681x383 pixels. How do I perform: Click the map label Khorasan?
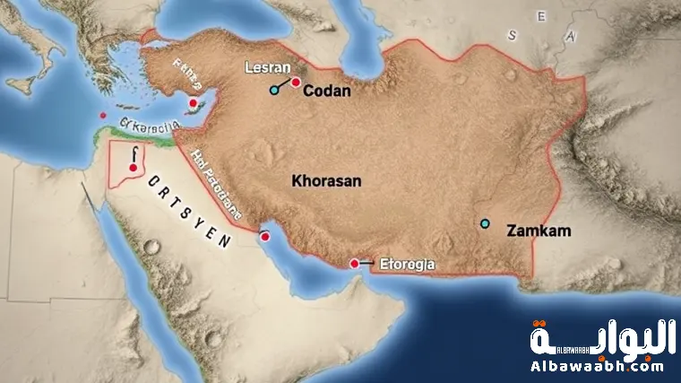click(326, 180)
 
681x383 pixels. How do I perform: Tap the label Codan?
click(326, 91)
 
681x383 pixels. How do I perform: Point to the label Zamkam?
click(539, 231)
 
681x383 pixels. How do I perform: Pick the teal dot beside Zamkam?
click(486, 222)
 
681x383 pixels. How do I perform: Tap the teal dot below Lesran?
click(274, 90)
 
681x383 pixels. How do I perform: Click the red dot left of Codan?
click(296, 83)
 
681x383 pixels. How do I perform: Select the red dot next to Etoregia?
click(355, 264)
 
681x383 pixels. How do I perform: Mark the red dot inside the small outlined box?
click(133, 168)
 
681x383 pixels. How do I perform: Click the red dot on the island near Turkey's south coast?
click(193, 103)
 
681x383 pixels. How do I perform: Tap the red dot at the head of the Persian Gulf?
click(264, 237)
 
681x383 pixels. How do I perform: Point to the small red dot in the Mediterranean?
click(104, 116)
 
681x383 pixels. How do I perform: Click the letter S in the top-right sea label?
click(512, 36)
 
